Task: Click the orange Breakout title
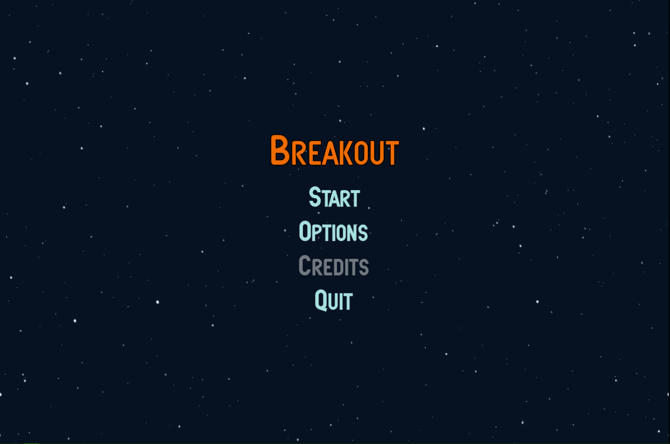point(335,150)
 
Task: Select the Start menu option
point(335,197)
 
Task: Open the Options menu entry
point(333,231)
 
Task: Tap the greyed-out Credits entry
point(334,266)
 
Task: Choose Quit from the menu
point(334,300)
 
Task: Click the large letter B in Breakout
point(280,150)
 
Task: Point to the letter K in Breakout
point(345,153)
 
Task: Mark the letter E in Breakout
point(314,153)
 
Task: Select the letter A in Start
point(334,199)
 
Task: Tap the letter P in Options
point(317,233)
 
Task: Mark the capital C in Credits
point(305,265)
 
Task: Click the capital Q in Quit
point(321,300)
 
